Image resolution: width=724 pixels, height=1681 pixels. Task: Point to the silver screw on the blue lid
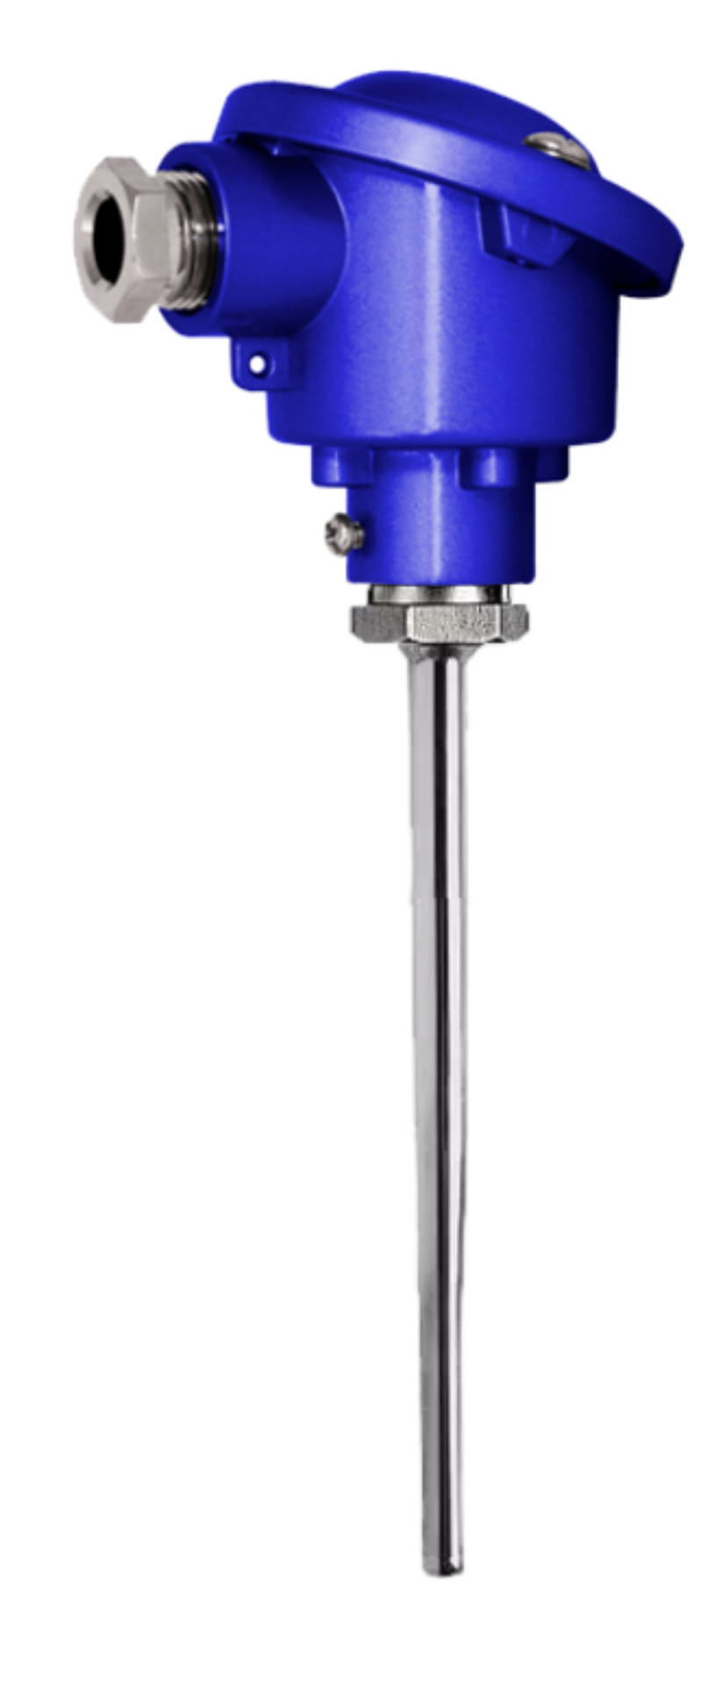563,147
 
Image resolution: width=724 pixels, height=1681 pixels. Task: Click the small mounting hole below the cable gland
257,361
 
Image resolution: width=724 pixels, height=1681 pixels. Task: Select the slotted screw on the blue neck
344,534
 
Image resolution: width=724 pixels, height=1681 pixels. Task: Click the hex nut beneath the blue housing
439,621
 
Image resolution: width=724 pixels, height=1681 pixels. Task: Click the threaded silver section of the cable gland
198,242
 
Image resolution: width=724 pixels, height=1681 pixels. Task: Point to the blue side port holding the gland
263,237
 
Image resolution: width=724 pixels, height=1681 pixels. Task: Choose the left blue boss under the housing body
342,466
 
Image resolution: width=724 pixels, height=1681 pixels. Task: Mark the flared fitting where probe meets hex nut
436,651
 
